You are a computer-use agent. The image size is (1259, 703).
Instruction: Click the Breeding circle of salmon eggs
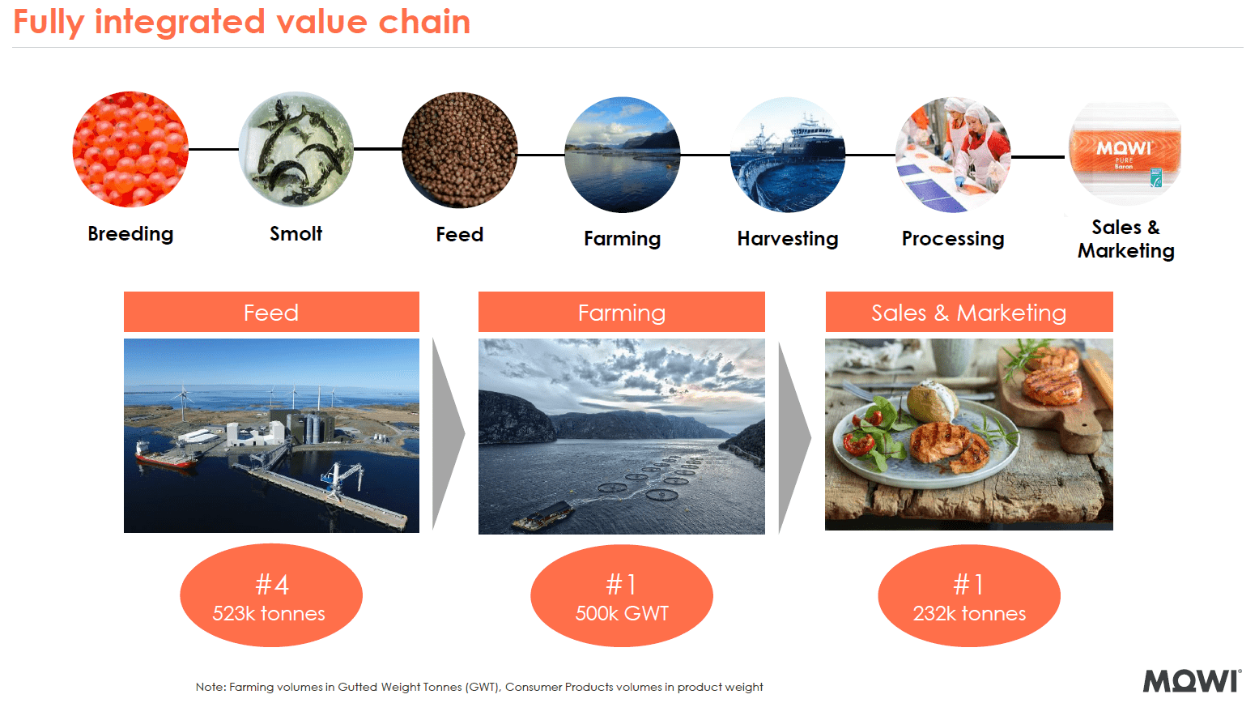tap(130, 149)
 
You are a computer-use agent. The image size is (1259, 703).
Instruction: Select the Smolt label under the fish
tap(296, 234)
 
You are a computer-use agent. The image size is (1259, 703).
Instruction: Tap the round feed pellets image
tap(459, 151)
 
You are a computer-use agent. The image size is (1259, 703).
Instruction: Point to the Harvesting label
tap(787, 239)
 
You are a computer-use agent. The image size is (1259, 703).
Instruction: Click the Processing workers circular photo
tap(953, 155)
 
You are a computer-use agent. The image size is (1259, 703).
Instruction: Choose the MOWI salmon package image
tap(1125, 154)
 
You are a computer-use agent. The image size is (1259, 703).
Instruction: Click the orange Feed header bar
tap(271, 312)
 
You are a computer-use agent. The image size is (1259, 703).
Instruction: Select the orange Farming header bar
tap(621, 312)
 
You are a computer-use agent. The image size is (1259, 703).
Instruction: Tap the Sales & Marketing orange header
tap(968, 312)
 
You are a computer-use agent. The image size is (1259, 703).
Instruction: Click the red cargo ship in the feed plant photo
tap(165, 458)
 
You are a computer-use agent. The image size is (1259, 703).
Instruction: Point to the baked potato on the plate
tap(932, 401)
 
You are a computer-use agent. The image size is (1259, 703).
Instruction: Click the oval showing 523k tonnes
tap(270, 595)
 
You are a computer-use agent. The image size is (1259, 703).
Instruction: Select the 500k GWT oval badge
tap(621, 595)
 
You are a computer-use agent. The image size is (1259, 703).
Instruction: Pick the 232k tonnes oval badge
tap(968, 595)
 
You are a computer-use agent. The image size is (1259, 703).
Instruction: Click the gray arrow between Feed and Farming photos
tap(448, 433)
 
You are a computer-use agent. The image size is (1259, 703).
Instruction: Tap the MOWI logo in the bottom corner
tap(1191, 681)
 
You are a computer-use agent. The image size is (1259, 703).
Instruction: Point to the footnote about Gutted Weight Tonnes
tap(479, 687)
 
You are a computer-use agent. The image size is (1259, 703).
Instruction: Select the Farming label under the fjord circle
tap(622, 239)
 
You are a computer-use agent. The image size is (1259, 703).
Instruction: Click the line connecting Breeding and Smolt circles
tap(213, 149)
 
